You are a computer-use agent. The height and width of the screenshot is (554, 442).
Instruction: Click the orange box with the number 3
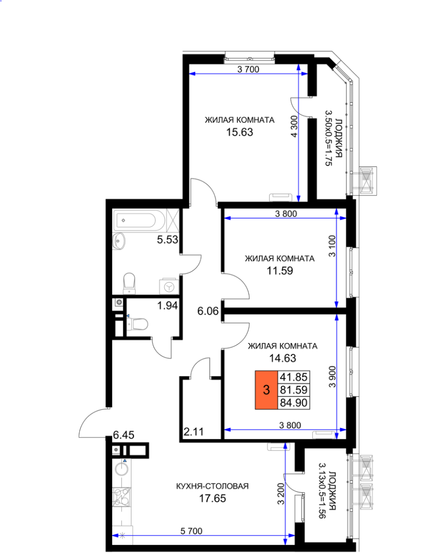tap(266, 390)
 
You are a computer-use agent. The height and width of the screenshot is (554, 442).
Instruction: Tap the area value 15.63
tap(240, 132)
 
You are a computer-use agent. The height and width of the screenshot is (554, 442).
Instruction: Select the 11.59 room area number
tap(280, 271)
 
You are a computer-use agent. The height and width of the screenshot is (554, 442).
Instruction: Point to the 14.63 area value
tap(282, 358)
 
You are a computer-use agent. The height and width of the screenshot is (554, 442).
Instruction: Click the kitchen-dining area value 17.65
tap(213, 498)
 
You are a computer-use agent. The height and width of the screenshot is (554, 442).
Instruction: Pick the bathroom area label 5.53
tap(168, 240)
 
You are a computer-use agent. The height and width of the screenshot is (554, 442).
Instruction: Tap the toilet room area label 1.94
tap(168, 305)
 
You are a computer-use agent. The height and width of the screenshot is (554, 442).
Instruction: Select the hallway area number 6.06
tap(208, 311)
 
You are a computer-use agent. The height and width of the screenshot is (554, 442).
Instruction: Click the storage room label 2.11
tap(194, 431)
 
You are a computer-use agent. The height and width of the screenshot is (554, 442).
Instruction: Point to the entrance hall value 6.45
tap(124, 435)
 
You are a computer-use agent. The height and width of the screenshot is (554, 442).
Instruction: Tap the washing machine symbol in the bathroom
tap(169, 287)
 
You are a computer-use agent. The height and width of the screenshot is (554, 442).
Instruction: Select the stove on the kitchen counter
tap(122, 497)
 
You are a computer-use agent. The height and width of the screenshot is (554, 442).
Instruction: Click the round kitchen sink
tap(122, 469)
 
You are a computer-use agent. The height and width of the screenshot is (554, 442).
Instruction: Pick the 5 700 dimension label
tap(191, 531)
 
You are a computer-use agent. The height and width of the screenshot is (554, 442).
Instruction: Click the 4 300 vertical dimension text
tap(294, 127)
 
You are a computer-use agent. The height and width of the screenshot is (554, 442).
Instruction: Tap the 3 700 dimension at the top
tap(248, 69)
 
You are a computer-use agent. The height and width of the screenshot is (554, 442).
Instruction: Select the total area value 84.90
tap(294, 403)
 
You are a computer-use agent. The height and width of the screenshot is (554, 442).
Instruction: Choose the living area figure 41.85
tap(294, 377)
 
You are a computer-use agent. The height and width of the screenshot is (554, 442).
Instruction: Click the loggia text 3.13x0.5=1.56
tap(322, 490)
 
